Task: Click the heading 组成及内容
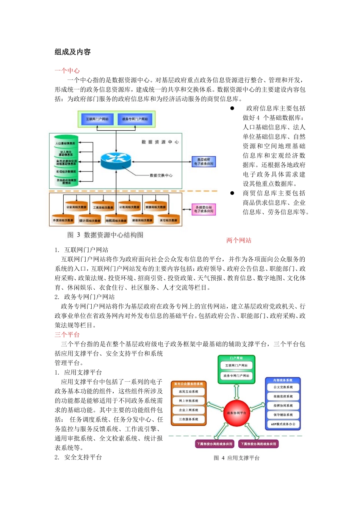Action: click(x=72, y=52)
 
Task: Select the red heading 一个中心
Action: click(x=67, y=70)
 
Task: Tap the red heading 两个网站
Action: click(x=239, y=240)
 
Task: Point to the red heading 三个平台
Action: click(x=67, y=335)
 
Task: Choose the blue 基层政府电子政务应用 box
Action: click(x=204, y=162)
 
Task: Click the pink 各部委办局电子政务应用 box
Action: click(x=204, y=209)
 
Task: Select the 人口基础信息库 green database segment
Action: click(x=66, y=143)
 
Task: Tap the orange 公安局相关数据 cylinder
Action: click(x=77, y=207)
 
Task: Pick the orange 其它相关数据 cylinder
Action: click(x=168, y=220)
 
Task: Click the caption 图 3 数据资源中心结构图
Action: click(x=105, y=235)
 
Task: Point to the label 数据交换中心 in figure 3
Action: click(x=161, y=175)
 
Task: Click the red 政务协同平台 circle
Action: click(x=236, y=413)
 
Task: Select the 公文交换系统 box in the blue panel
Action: click(x=283, y=387)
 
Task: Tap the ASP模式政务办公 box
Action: click(x=283, y=424)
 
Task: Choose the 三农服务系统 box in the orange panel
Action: click(x=188, y=419)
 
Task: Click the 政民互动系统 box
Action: click(x=188, y=392)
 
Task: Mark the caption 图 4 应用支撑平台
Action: click(x=236, y=458)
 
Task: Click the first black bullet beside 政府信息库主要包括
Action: click(x=232, y=108)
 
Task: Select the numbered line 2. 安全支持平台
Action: click(x=78, y=457)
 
